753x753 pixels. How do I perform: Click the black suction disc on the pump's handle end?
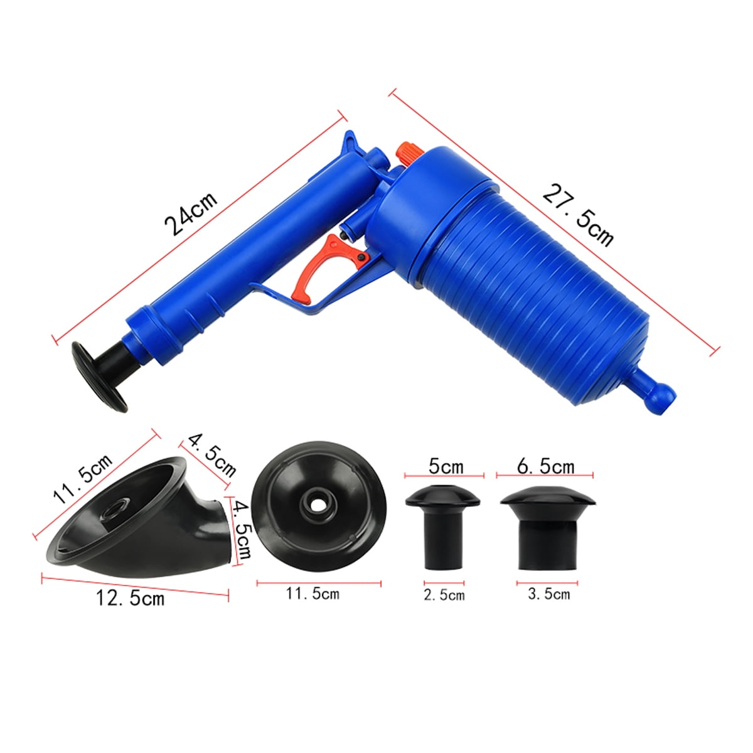pyautogui.click(x=99, y=376)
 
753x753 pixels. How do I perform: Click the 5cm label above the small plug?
pyautogui.click(x=446, y=466)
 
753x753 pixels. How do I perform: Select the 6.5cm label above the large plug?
pyautogui.click(x=546, y=466)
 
